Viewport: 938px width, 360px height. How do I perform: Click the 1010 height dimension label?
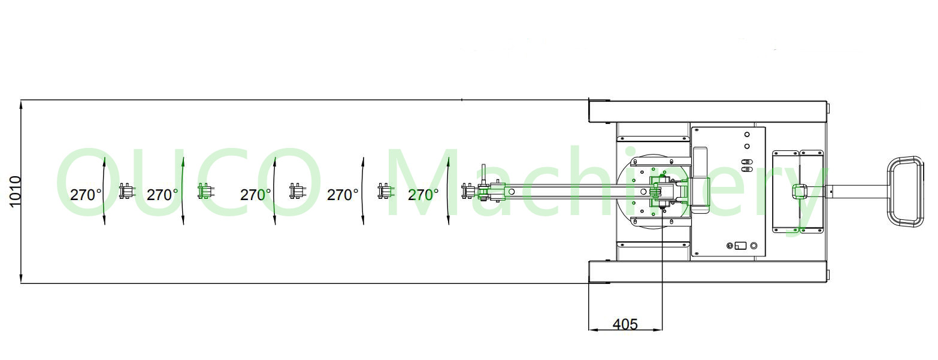tap(14, 191)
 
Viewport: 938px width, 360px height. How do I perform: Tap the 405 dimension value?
tap(625, 324)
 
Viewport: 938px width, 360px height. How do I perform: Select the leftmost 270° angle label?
tap(86, 195)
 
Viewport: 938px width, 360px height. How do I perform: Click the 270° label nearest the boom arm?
tap(423, 195)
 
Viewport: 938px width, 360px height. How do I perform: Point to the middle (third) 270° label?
tap(255, 195)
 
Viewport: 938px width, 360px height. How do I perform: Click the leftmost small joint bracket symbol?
tap(126, 191)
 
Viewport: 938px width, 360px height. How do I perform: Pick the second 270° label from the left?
tap(162, 195)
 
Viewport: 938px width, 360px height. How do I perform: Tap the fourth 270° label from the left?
tap(343, 195)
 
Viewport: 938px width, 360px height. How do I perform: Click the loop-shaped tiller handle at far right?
tap(905, 192)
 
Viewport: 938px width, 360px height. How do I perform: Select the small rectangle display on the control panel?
tap(741, 246)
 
